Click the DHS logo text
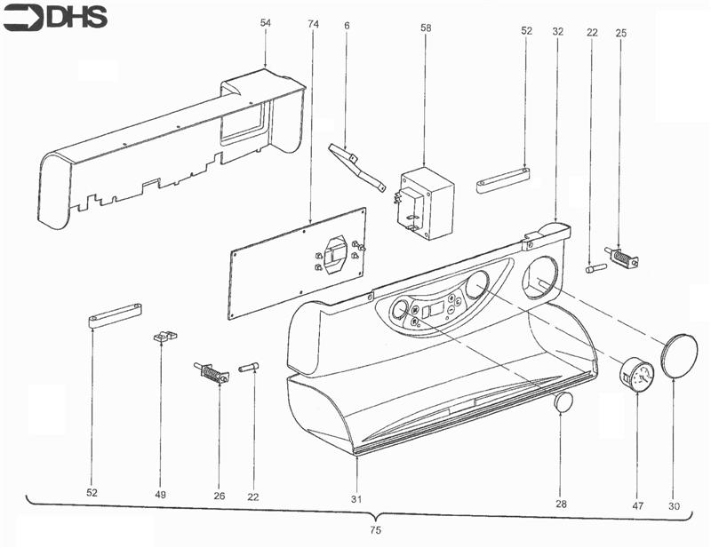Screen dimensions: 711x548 [77, 18]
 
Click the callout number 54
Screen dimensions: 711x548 [265, 23]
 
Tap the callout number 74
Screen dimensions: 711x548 [314, 24]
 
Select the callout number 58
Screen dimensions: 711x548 [426, 28]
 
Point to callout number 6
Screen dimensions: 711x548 [347, 26]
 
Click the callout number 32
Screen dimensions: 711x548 [558, 32]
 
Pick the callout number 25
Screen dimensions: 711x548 [621, 33]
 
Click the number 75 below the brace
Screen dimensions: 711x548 [375, 530]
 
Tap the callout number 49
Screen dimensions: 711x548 [161, 495]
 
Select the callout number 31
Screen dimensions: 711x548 [356, 499]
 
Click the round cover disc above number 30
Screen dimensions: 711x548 [679, 356]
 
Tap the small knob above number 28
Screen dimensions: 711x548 [563, 402]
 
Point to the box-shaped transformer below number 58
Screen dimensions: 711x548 [426, 203]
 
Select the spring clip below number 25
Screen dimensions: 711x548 [621, 257]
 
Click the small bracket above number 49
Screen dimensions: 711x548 [164, 337]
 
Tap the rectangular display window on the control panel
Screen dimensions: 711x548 [437, 311]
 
